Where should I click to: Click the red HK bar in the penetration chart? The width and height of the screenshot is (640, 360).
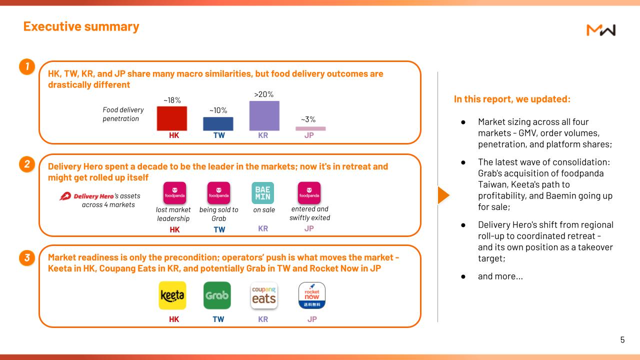pyautogui.click(x=171, y=118)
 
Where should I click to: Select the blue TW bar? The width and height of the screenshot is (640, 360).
pyautogui.click(x=218, y=123)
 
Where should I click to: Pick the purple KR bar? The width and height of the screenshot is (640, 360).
pyautogui.click(x=264, y=115)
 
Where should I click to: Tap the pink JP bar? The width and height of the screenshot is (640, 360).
pyautogui.click(x=310, y=128)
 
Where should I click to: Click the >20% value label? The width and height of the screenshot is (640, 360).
pyautogui.click(x=263, y=94)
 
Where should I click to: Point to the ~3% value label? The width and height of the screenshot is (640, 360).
pyautogui.click(x=308, y=119)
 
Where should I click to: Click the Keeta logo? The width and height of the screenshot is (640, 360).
pyautogui.click(x=172, y=295)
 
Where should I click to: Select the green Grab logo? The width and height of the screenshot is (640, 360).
pyautogui.click(x=217, y=295)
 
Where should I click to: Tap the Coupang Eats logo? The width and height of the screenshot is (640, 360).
pyautogui.click(x=264, y=295)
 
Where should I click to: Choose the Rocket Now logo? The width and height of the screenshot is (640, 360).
pyautogui.click(x=311, y=295)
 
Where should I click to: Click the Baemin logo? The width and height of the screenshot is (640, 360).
pyautogui.click(x=263, y=193)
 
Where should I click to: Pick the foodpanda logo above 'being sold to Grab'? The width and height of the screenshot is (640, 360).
pyautogui.click(x=219, y=193)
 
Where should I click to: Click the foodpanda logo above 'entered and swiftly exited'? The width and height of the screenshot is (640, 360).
pyautogui.click(x=309, y=193)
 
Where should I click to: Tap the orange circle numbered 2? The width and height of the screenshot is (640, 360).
pyautogui.click(x=27, y=164)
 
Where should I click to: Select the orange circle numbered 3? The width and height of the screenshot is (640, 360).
pyautogui.click(x=27, y=257)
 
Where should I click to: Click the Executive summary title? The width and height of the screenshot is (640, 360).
pyautogui.click(x=81, y=26)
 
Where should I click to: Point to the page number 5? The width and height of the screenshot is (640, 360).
pyautogui.click(x=622, y=339)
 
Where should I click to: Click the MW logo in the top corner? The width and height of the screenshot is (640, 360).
pyautogui.click(x=601, y=30)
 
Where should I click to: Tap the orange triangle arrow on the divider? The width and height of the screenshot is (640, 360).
pyautogui.click(x=443, y=195)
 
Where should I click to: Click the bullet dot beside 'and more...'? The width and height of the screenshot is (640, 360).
pyautogui.click(x=463, y=276)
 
